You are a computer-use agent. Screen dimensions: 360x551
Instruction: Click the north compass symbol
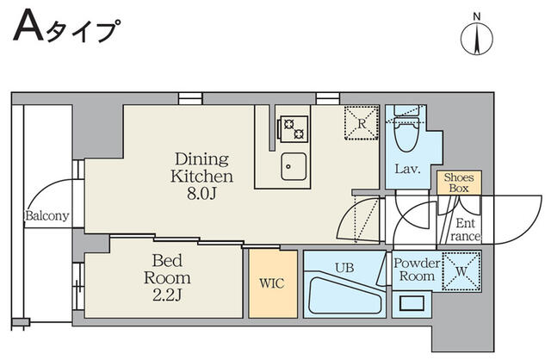[475, 38]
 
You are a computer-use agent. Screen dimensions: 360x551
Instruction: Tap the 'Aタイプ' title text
[65, 32]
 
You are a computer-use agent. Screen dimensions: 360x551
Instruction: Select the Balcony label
[47, 215]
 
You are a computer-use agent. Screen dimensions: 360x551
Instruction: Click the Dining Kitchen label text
[201, 167]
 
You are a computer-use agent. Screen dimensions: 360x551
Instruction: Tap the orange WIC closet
[272, 282]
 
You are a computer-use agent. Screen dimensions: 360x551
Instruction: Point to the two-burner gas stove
[292, 127]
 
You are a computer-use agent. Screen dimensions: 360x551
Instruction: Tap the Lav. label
[407, 169]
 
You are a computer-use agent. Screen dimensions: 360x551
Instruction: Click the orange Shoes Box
[458, 183]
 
